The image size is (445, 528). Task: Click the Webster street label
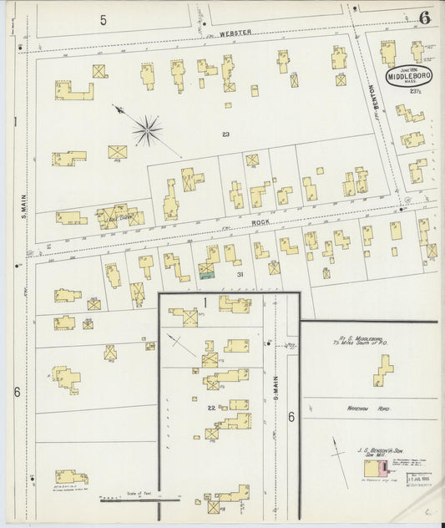(235, 33)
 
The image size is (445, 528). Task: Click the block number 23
(226, 134)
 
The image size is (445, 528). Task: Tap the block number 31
(239, 274)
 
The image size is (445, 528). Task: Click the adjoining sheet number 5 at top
(104, 19)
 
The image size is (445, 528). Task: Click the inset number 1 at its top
(202, 302)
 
